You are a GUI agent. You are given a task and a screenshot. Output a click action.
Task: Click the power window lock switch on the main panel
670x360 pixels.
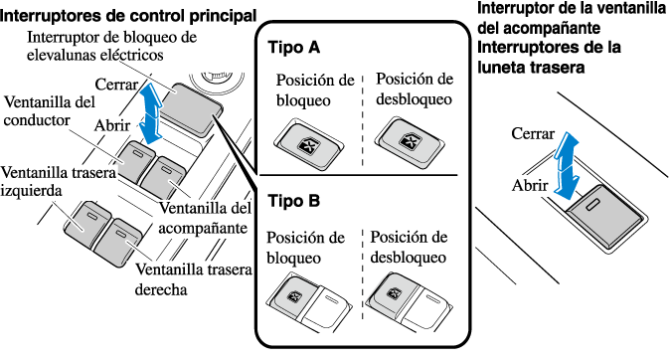[191, 108]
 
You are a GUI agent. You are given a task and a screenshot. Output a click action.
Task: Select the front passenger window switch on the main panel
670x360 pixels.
[163, 177]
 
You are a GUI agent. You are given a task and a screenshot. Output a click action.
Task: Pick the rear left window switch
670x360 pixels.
[87, 224]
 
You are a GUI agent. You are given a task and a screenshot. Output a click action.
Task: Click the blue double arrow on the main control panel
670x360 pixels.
[150, 113]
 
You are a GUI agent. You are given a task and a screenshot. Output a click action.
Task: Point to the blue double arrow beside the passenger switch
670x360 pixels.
[567, 166]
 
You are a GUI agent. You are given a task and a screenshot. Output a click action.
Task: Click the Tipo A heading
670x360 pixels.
[294, 47]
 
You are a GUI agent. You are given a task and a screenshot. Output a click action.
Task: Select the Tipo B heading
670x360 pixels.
[294, 201]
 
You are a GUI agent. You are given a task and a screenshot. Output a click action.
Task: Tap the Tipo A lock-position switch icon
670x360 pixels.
[309, 144]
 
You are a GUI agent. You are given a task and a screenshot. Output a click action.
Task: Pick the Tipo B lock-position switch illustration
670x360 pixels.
[309, 301]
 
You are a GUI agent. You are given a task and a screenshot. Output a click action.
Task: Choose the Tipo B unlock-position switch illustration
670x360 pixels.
[410, 301]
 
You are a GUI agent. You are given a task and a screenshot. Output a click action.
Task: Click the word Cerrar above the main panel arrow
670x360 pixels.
[116, 85]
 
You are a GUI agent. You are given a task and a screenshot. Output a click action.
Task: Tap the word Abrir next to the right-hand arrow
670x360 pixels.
[530, 186]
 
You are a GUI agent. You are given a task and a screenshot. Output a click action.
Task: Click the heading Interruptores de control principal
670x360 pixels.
[128, 16]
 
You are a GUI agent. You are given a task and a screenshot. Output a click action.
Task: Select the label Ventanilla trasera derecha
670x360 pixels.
[194, 279]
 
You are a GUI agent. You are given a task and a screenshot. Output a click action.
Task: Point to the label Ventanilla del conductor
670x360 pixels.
[50, 111]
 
